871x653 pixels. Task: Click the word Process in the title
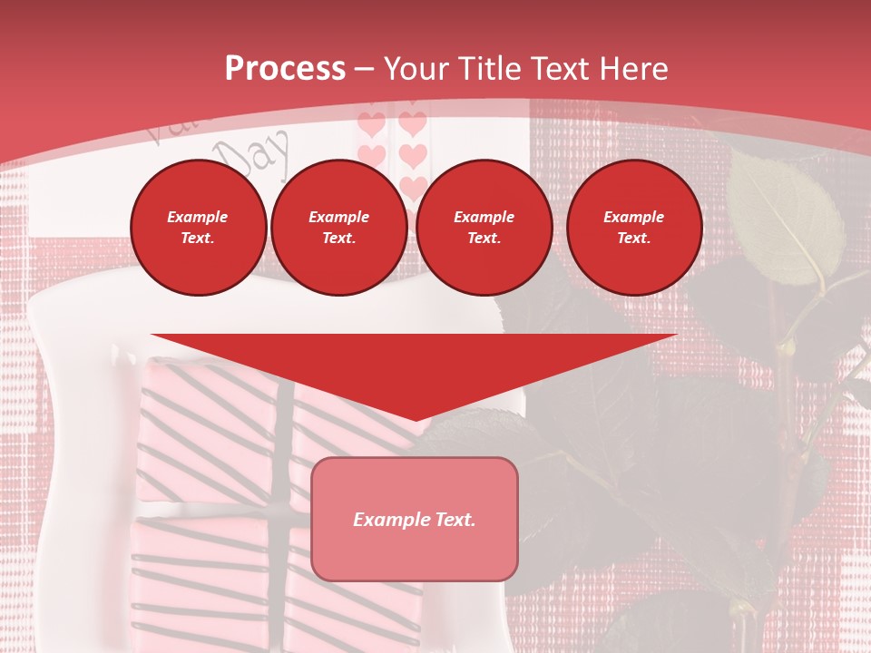point(285,69)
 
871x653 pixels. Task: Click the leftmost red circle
point(198,228)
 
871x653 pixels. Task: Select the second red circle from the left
point(338,228)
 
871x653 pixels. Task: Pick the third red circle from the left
point(484,228)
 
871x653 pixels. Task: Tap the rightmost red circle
point(633,228)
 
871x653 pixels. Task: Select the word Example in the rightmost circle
point(633,217)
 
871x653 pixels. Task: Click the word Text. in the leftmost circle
point(198,239)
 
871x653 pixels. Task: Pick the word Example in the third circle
point(484,217)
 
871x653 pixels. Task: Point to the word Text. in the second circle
point(338,239)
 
